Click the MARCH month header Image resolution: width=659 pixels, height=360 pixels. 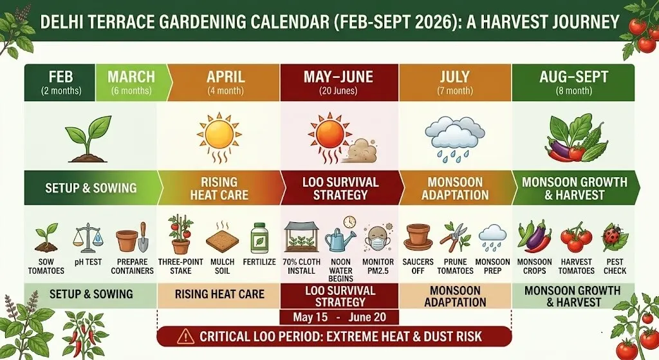[x=131, y=77]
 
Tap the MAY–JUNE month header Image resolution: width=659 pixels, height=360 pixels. [x=339, y=77]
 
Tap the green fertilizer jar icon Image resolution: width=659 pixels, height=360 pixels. [x=259, y=238]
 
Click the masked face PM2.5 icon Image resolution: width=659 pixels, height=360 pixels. [x=378, y=239]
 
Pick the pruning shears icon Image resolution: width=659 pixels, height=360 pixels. [x=456, y=237]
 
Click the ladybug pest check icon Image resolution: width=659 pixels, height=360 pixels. [x=615, y=238]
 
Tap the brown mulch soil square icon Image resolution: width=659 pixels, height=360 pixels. [x=221, y=238]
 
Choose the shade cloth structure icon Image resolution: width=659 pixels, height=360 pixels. [x=301, y=238]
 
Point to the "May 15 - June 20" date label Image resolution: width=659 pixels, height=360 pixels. [x=339, y=317]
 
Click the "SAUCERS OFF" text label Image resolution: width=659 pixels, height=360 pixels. [x=418, y=266]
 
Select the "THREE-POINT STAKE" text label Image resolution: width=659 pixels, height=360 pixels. [x=181, y=266]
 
